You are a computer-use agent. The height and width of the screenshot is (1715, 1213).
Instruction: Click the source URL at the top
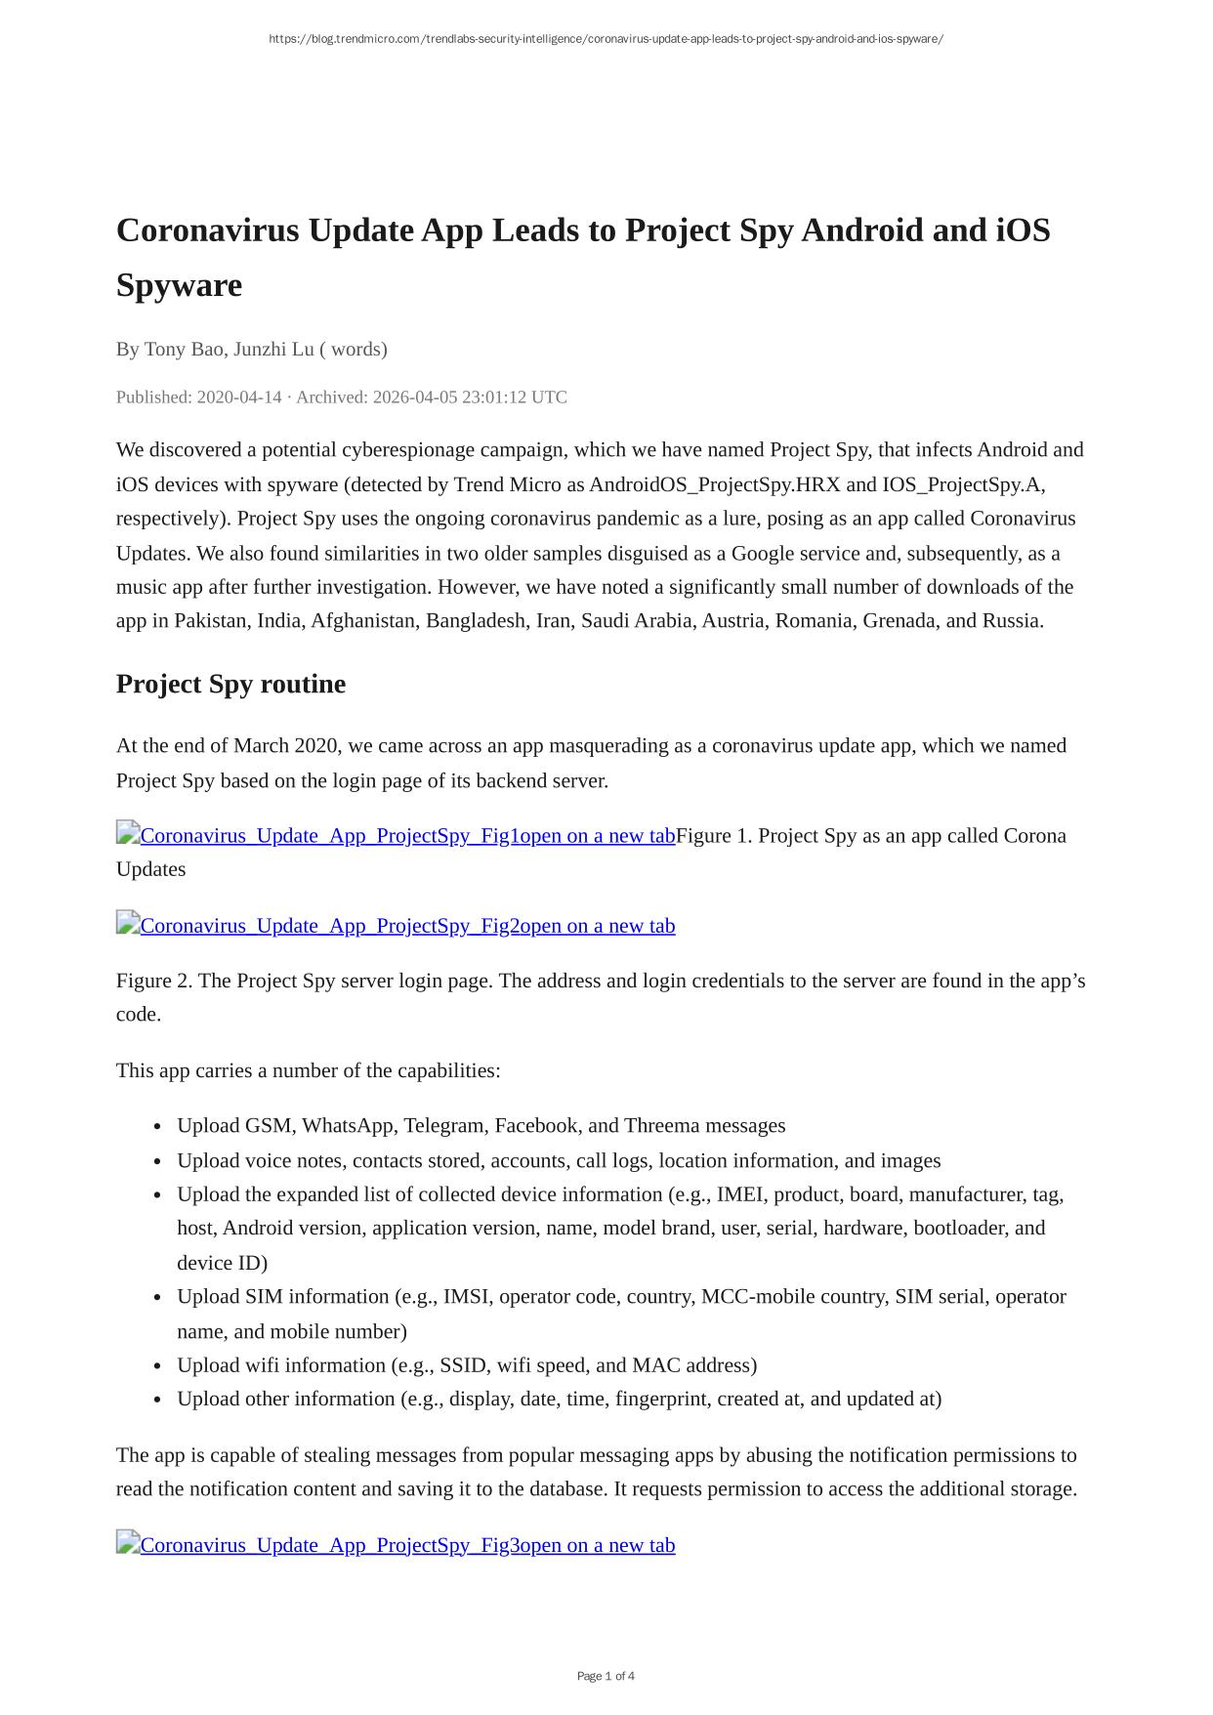(606, 39)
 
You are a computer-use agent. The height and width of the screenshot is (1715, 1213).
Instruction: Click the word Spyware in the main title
(179, 285)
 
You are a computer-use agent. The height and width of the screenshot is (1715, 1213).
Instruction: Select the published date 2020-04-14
(239, 397)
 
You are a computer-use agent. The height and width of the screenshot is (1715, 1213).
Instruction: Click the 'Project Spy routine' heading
(230, 684)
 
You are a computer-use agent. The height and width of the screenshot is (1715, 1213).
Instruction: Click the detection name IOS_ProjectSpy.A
(963, 484)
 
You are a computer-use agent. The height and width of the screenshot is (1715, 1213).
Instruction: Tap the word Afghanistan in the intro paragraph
(362, 620)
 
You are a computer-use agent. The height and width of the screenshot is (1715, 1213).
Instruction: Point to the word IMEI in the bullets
(740, 1193)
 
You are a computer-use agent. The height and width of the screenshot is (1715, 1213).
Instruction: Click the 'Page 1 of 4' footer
(606, 1676)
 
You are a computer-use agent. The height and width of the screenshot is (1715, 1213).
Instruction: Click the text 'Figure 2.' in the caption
(154, 980)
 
